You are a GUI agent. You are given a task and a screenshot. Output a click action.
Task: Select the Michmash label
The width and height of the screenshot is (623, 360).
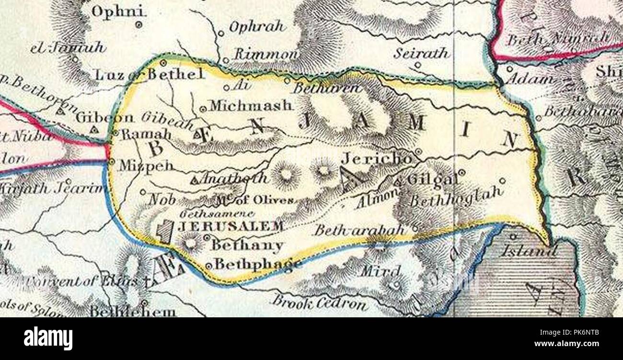[x=250, y=105]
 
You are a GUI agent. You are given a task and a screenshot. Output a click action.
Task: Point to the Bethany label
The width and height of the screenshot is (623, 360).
[x=247, y=245]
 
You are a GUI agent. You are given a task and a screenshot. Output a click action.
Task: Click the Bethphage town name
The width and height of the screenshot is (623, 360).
[x=257, y=264]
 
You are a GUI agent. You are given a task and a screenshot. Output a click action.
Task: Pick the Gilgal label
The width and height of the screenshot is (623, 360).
[x=432, y=180]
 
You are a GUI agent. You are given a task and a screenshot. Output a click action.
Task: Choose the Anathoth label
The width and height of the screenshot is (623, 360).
[x=234, y=178]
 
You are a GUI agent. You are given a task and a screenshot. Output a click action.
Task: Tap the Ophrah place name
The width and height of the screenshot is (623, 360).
[x=257, y=27]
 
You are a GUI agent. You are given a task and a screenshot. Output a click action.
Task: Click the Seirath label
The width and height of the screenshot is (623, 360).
[x=421, y=53]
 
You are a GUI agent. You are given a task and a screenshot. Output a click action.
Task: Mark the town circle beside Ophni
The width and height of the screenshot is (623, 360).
[x=139, y=24]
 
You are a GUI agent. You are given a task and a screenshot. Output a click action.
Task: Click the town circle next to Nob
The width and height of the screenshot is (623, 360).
[x=142, y=192]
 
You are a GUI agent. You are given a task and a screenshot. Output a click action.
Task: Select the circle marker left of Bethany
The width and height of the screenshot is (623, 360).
[x=207, y=237]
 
